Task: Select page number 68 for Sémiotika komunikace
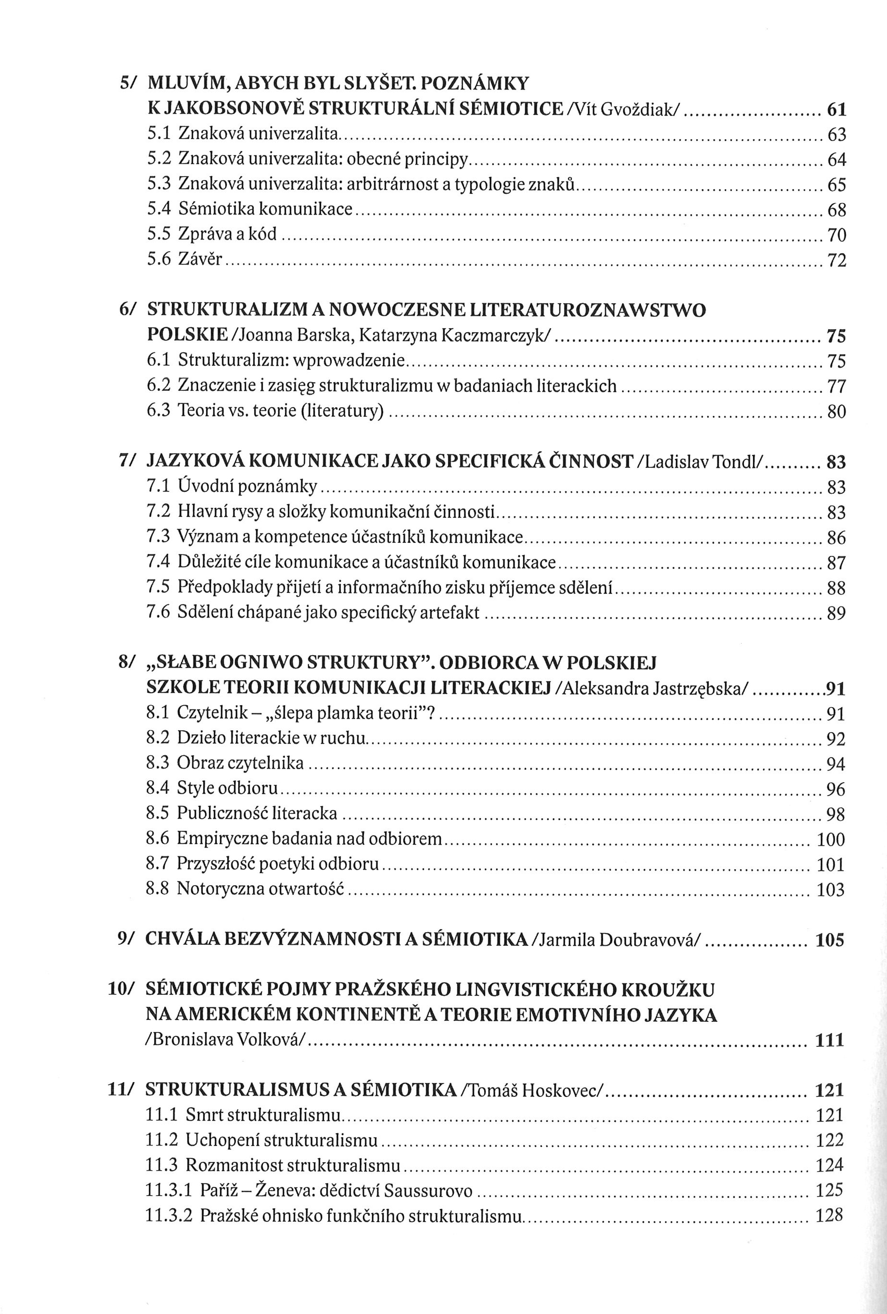point(836,210)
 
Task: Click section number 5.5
point(159,234)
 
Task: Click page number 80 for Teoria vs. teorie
point(836,412)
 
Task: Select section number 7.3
point(158,537)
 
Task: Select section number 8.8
point(158,889)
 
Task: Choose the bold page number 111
point(829,1040)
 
